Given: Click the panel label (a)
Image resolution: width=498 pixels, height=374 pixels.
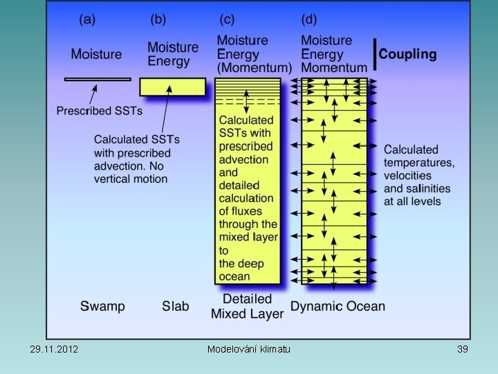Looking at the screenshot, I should coord(88,19).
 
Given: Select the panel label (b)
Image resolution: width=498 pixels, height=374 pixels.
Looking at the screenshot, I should coord(159,19).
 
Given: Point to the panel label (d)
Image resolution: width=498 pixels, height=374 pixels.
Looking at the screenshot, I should coord(312,19).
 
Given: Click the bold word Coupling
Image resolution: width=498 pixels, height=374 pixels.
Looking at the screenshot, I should coord(407,54).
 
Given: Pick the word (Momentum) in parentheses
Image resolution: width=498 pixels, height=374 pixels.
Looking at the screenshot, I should coord(255,68).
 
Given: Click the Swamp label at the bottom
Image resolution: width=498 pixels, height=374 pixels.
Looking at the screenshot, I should coord(102,305).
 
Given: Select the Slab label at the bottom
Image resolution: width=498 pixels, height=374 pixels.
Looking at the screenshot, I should coord(175,305).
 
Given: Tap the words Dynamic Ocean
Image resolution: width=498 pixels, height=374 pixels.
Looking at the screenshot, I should coord(338,305).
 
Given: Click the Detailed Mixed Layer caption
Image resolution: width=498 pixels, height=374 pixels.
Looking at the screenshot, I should coord(248,306).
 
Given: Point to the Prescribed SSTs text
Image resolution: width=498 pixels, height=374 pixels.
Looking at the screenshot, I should coord(100,110).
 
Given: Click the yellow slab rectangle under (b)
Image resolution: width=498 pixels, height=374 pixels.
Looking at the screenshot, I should coord(172,87).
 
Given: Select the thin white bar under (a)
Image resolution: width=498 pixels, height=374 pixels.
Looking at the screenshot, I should coord(98,80).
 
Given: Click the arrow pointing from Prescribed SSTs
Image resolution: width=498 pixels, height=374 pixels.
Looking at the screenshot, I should coord(93,93).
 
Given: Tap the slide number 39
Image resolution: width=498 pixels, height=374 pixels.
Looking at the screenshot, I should coord(463,349).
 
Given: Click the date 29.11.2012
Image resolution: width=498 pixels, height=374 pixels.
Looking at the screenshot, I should coord(54,349).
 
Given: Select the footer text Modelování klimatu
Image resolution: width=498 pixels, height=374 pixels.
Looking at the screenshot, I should coord(249,349).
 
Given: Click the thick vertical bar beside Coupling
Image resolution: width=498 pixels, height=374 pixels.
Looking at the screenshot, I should coord(375,55).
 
